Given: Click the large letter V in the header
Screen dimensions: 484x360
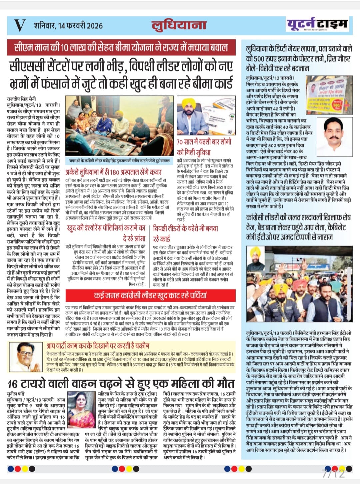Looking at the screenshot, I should pyautogui.click(x=19, y=25).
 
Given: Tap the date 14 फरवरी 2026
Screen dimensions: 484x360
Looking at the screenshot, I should pyautogui.click(x=68, y=26).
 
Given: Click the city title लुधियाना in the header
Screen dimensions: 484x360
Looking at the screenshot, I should pyautogui.click(x=179, y=25).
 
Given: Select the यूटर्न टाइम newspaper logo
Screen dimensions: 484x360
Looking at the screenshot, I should pyautogui.click(x=317, y=24).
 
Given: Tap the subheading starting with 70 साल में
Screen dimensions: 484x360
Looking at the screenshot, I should pyautogui.click(x=204, y=147).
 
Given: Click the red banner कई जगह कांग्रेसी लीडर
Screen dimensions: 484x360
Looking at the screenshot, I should pyautogui.click(x=150, y=295).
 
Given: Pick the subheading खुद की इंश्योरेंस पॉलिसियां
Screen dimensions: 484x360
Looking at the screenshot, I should pyautogui.click(x=106, y=233).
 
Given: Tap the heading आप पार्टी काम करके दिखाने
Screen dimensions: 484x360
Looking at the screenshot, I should pyautogui.click(x=98, y=346).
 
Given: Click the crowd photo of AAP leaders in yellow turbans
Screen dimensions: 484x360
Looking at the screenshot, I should pyautogui.click(x=299, y=284).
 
